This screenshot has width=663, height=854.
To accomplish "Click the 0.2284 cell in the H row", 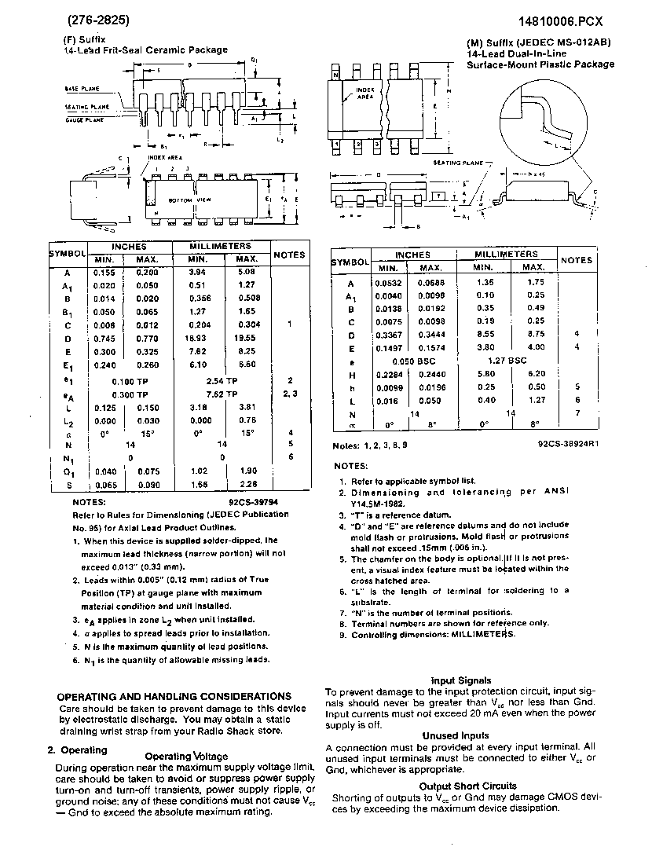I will [389, 374].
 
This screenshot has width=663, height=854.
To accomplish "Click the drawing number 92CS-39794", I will [253, 500].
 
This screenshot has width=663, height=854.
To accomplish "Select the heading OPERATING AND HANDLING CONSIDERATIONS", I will [174, 696].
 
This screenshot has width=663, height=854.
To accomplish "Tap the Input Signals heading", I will [461, 680].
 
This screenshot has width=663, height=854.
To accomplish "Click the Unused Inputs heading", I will [460, 736].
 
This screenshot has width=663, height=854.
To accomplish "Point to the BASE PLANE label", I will [82, 90].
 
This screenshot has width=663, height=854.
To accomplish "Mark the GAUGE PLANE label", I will [84, 121].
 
